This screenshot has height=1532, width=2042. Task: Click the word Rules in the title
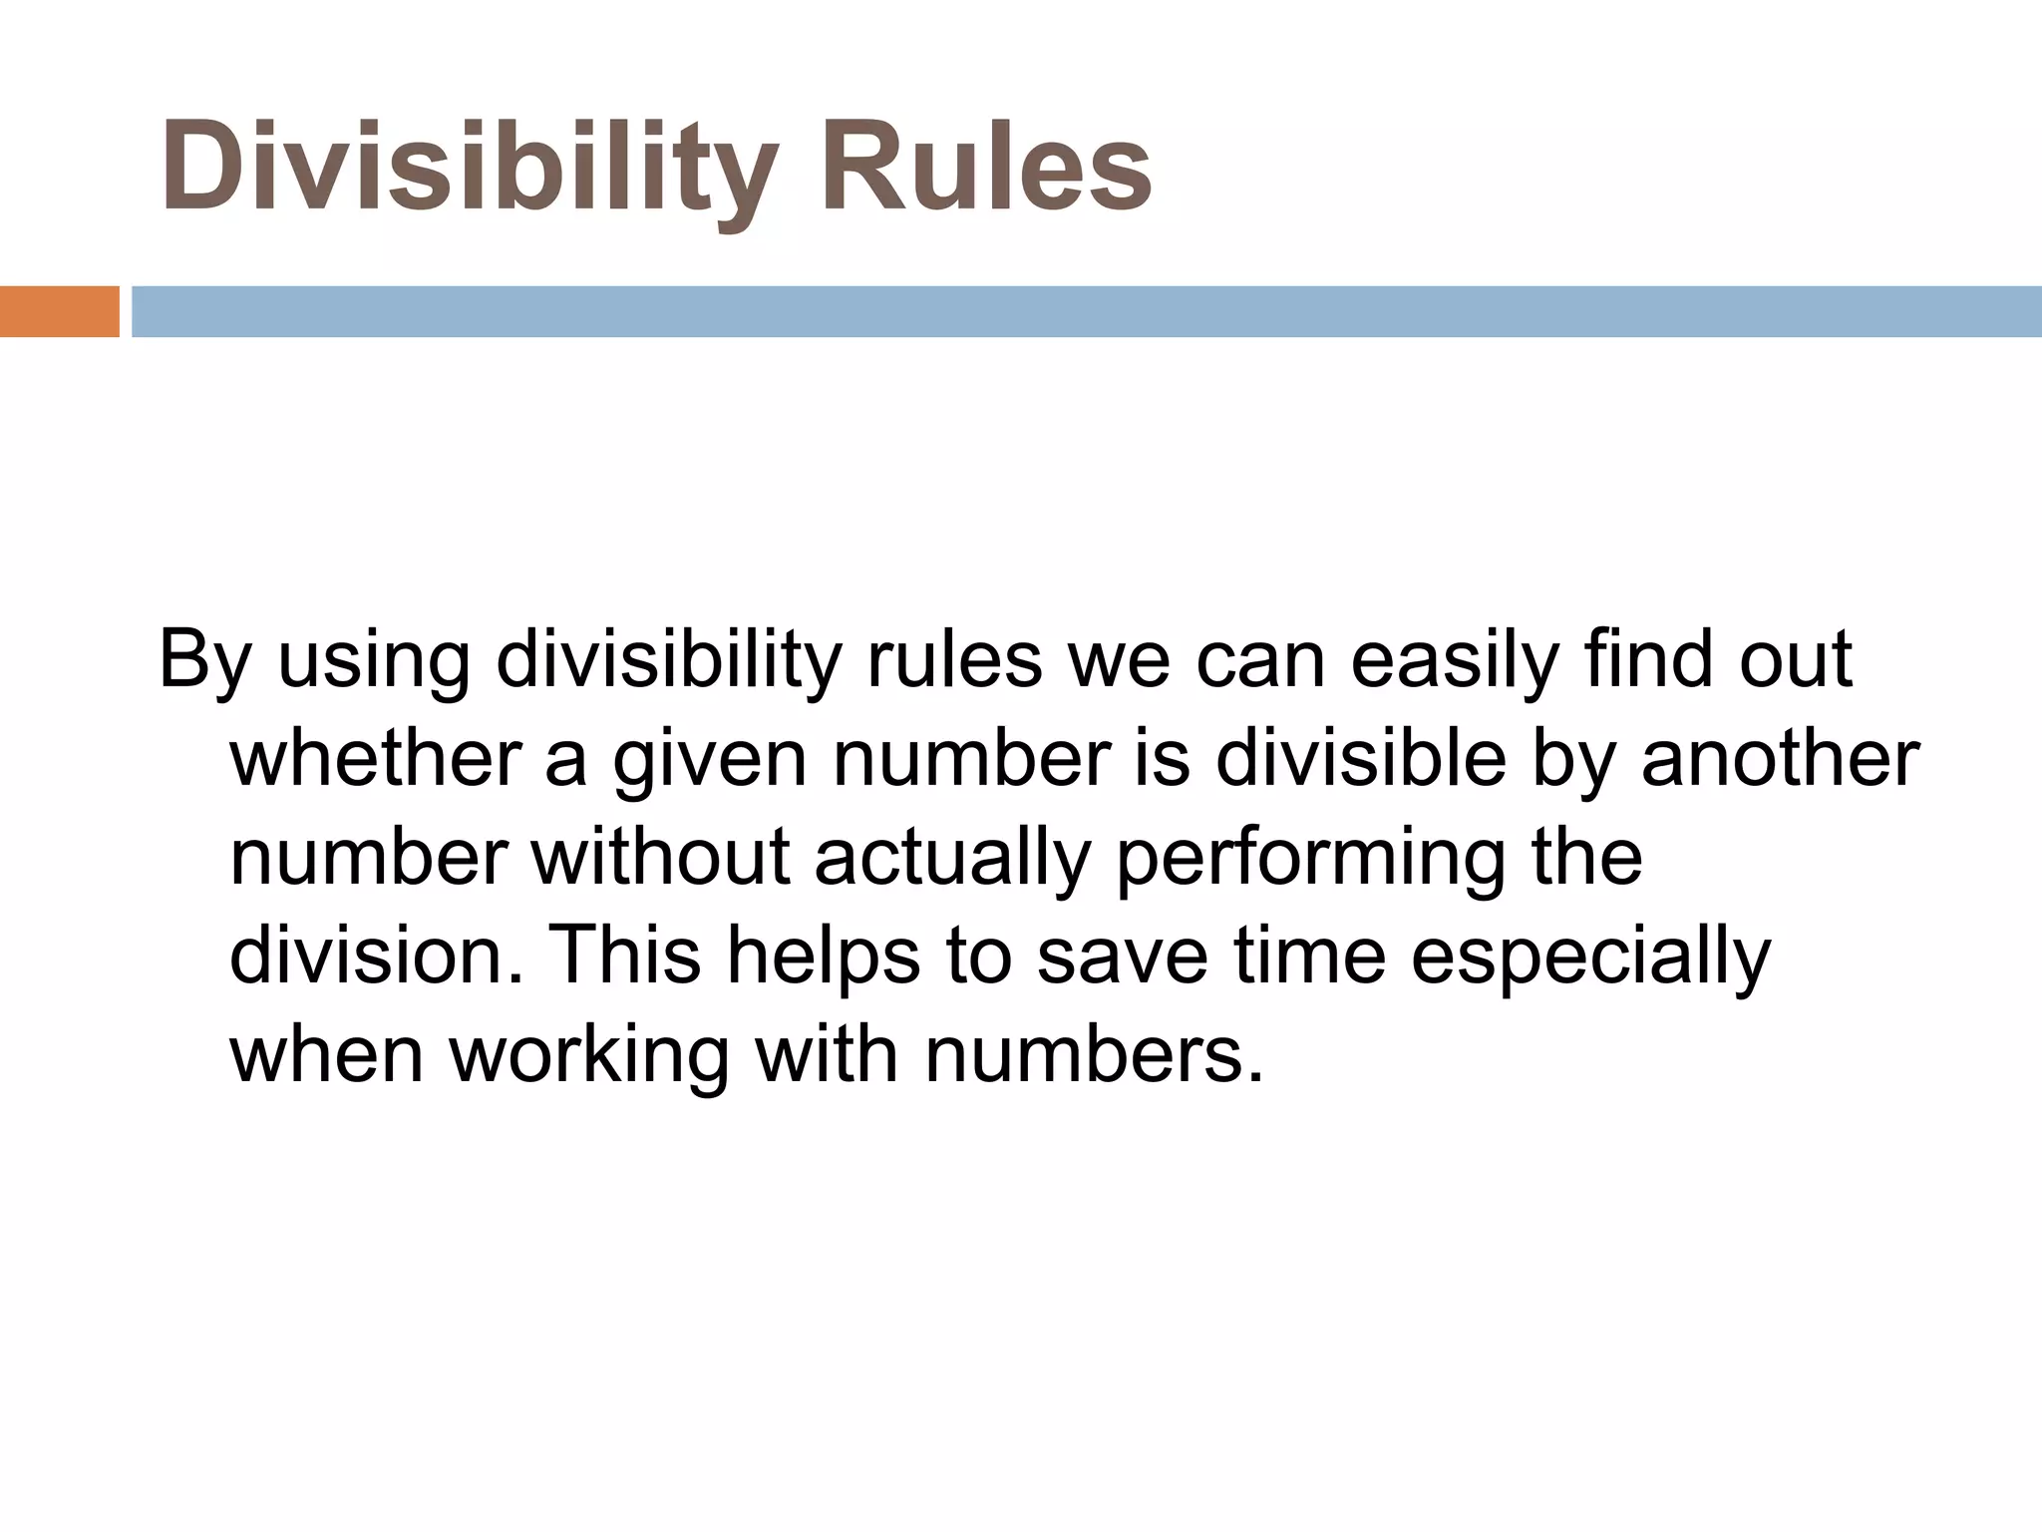pos(984,166)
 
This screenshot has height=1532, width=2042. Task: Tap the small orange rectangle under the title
pos(59,311)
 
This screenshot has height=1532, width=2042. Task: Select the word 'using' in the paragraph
pos(373,661)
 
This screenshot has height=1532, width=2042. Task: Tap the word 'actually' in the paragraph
pos(953,859)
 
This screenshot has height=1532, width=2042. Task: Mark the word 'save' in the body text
pos(1122,955)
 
